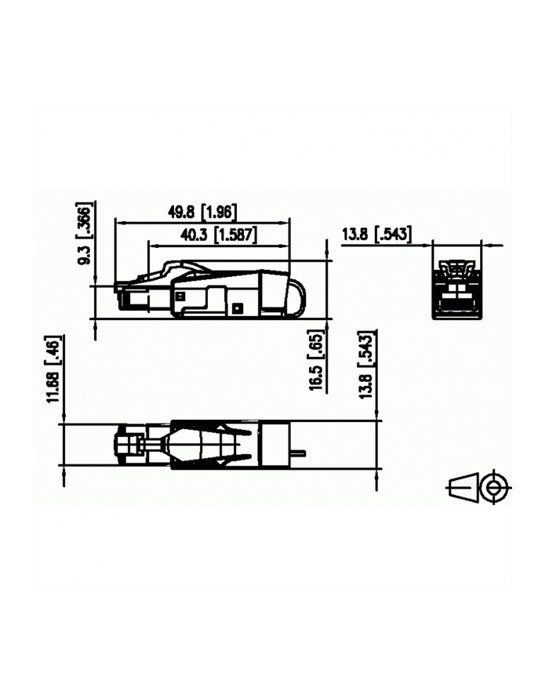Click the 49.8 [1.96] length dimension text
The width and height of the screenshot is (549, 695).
pos(202,211)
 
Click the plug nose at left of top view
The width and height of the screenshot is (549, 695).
pos(127,444)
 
